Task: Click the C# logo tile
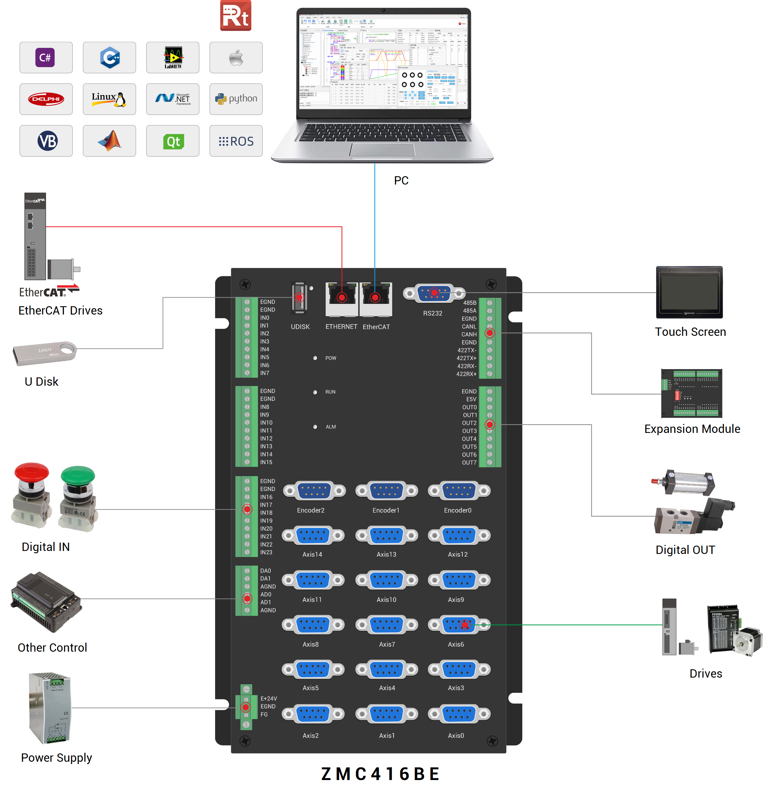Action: tap(46, 57)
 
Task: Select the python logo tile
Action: tap(236, 99)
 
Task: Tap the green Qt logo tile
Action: tap(173, 141)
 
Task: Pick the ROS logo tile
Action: tap(236, 141)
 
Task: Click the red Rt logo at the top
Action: tap(235, 15)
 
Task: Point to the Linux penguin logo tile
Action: tap(109, 99)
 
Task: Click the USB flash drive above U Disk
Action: tap(44, 353)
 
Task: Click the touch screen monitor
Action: tap(689, 292)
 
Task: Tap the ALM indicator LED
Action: tap(315, 427)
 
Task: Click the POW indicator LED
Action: tap(315, 358)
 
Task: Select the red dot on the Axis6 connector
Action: tap(465, 625)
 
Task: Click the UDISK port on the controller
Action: tap(299, 298)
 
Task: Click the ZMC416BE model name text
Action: tap(380, 774)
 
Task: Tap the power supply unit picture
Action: tap(51, 708)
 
